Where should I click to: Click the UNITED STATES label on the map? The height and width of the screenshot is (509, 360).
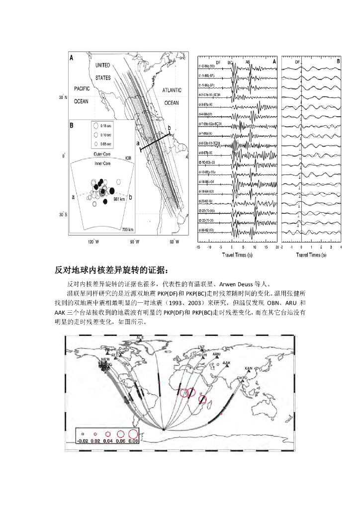coord(102,72)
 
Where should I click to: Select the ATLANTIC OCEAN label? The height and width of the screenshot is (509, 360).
coord(171,97)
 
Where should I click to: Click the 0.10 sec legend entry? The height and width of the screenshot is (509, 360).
coord(103,135)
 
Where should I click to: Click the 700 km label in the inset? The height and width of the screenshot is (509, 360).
coord(127,229)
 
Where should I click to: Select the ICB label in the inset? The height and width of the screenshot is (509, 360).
coord(128,159)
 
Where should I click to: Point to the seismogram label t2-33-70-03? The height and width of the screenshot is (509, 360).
coord(207,220)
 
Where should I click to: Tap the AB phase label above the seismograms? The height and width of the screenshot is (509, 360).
coord(248,63)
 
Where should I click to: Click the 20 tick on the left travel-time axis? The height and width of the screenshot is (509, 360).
coord(276,247)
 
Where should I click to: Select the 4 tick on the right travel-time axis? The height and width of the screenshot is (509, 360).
coord(341,247)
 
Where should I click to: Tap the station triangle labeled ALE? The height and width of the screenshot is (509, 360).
coord(139,340)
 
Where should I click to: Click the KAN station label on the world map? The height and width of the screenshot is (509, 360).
coord(249,368)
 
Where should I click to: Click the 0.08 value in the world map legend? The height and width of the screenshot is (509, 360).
coord(133,440)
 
